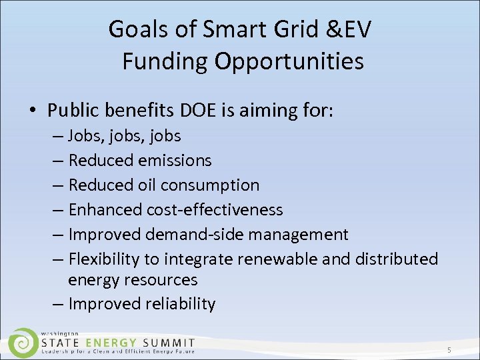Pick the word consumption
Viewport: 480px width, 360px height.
point(213,185)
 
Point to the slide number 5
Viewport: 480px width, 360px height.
point(449,350)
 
